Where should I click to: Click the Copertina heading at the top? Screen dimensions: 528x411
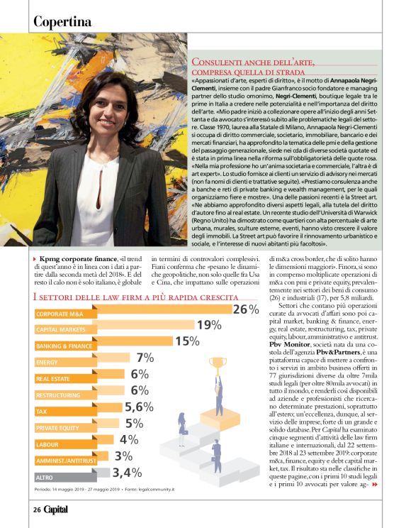(62, 22)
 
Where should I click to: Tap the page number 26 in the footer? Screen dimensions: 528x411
(37, 509)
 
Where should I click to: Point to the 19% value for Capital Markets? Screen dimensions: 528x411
(209, 326)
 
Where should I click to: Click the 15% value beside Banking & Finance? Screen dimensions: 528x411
(187, 342)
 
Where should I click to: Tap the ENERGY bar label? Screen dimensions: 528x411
(47, 362)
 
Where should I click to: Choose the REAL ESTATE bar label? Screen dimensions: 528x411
(53, 378)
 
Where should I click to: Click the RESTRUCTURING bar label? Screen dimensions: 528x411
(58, 395)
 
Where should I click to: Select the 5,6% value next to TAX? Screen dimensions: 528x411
(139, 407)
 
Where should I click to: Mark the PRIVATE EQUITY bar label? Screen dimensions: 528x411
(58, 427)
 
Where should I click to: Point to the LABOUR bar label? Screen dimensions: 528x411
(48, 444)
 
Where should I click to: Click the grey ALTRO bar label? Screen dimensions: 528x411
(45, 477)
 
